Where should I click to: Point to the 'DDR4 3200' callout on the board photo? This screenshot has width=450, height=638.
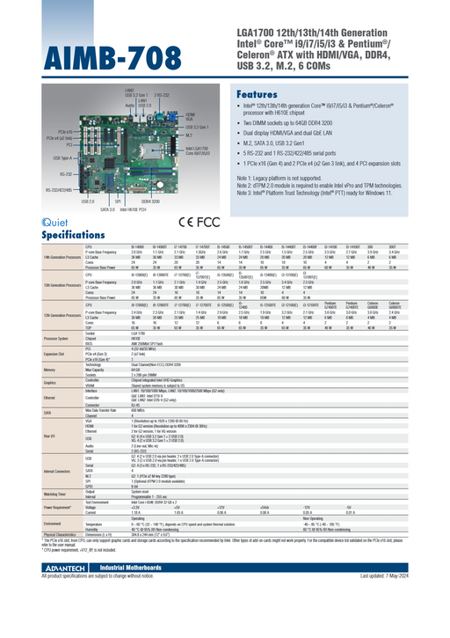point(150,202)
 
